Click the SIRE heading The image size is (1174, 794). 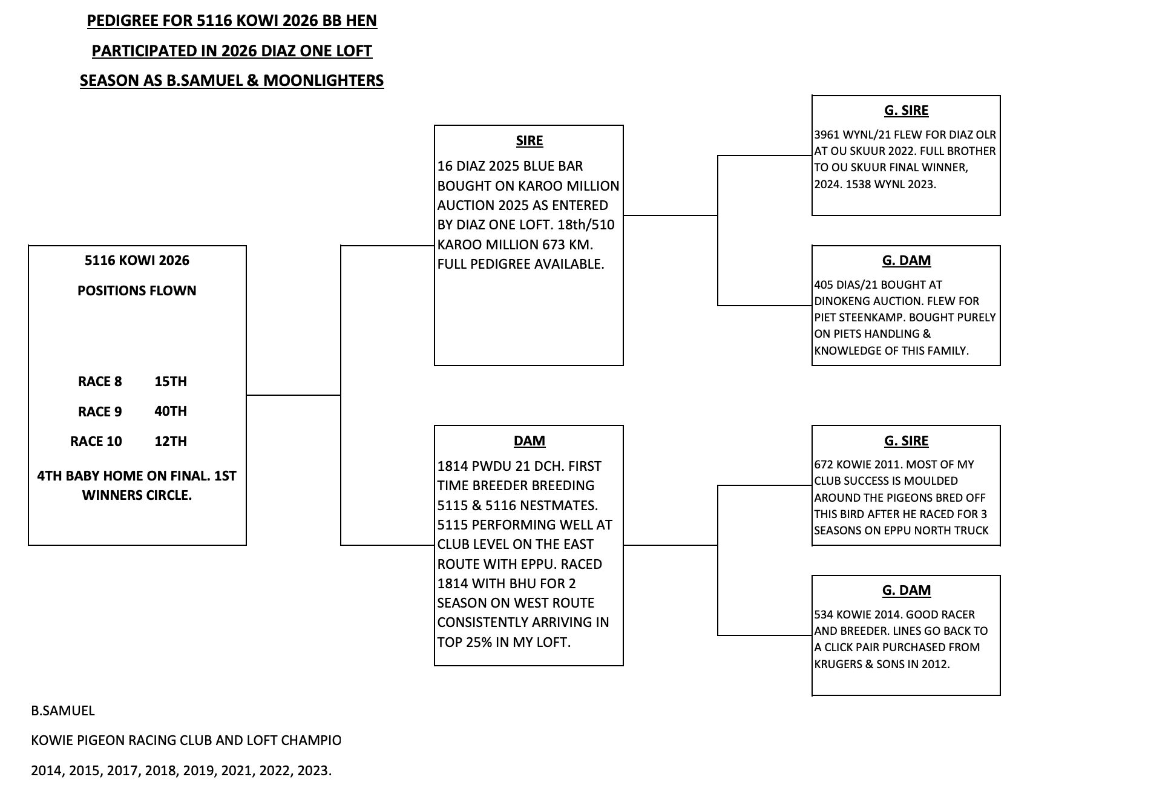tap(530, 140)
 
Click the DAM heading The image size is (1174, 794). tap(530, 441)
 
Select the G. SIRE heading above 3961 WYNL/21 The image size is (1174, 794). tap(906, 110)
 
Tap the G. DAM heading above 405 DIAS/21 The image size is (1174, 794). tap(906, 260)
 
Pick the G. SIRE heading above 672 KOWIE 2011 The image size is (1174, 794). tap(906, 441)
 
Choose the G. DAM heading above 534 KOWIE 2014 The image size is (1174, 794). tap(906, 590)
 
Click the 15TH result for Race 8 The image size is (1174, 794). tap(171, 381)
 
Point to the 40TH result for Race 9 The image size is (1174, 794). tap(171, 411)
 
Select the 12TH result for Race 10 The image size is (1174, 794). tap(171, 441)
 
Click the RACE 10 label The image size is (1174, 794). tap(96, 441)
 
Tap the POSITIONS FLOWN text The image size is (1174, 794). tap(137, 290)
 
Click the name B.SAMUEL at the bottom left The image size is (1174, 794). tap(63, 710)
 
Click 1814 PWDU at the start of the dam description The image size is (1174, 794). tap(474, 466)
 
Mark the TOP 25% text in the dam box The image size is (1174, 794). tap(465, 642)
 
